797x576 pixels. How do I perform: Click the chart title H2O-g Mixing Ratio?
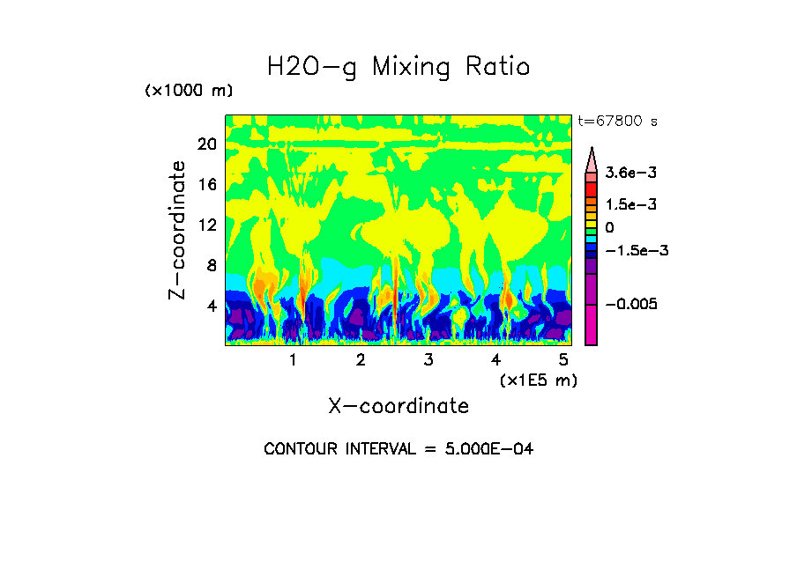click(x=398, y=67)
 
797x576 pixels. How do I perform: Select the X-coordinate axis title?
click(x=398, y=406)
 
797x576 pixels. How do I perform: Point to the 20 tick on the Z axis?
click(x=206, y=144)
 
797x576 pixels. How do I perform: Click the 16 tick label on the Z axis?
click(x=206, y=185)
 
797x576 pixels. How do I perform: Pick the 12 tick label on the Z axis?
click(x=206, y=225)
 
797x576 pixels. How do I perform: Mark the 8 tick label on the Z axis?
click(x=211, y=266)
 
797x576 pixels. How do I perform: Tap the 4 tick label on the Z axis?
click(x=211, y=306)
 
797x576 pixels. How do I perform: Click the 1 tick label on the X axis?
click(x=293, y=360)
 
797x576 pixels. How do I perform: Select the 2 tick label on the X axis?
click(x=361, y=360)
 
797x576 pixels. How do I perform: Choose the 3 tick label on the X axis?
click(x=428, y=360)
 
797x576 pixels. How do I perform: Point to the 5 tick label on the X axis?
click(x=563, y=360)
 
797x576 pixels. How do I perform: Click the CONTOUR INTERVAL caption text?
click(x=398, y=449)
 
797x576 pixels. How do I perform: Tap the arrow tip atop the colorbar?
click(x=592, y=150)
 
